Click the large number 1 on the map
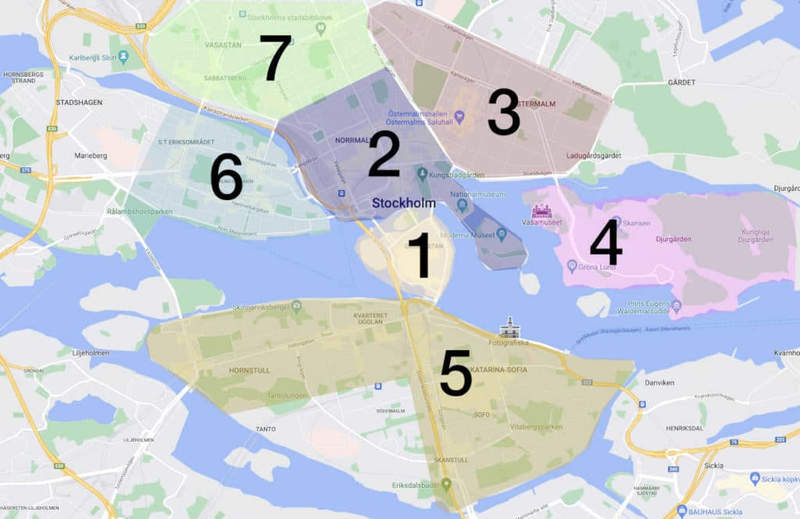pyautogui.click(x=420, y=255)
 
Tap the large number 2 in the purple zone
pyautogui.click(x=384, y=154)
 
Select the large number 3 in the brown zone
pyautogui.click(x=503, y=113)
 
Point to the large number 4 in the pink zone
pyautogui.click(x=605, y=242)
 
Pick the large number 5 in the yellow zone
pyautogui.click(x=455, y=373)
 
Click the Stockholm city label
pyautogui.click(x=403, y=203)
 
